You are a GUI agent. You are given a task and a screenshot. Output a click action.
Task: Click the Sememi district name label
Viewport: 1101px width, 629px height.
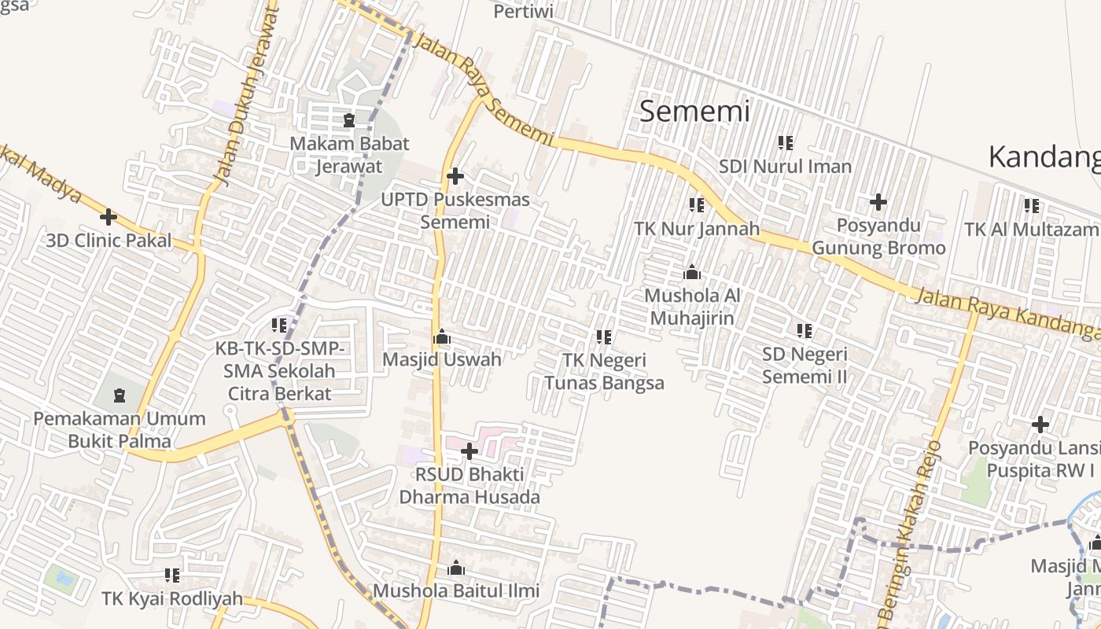point(694,111)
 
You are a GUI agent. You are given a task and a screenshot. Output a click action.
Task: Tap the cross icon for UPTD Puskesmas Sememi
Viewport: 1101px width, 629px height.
point(455,176)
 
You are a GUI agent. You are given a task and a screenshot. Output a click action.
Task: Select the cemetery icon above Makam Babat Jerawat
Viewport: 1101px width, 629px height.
point(349,121)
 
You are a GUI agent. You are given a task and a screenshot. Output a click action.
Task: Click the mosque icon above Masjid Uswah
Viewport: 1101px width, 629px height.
point(441,337)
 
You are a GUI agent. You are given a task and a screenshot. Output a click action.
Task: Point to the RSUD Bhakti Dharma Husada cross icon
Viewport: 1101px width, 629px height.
point(469,451)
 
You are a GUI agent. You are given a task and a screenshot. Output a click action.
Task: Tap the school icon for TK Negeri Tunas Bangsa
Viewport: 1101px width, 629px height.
point(604,337)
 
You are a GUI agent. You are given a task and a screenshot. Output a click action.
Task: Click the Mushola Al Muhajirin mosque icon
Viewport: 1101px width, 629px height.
point(692,273)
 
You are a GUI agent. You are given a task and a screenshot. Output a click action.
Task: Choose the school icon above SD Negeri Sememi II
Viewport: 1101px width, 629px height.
point(804,331)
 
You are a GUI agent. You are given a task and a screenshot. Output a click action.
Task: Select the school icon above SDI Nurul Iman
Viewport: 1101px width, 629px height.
point(785,143)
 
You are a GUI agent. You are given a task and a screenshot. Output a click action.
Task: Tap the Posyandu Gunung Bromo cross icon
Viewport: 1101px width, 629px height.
point(878,203)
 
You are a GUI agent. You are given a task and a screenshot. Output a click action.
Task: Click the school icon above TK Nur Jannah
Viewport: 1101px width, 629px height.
point(696,205)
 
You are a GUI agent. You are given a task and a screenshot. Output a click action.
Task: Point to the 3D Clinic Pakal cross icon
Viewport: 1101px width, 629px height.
point(109,217)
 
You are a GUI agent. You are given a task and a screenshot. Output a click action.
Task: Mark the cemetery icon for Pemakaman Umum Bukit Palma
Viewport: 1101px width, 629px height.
point(120,395)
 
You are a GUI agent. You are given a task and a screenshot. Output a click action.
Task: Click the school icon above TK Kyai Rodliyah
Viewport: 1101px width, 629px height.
point(172,576)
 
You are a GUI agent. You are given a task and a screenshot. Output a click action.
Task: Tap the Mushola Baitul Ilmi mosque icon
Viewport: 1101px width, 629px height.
point(455,568)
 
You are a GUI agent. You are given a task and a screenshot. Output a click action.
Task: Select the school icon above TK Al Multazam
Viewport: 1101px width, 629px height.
point(1032,206)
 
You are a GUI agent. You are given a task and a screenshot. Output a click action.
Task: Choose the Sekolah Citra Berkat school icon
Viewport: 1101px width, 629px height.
point(279,325)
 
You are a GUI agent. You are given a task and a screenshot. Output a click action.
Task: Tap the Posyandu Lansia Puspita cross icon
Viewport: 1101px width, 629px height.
point(1040,425)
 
